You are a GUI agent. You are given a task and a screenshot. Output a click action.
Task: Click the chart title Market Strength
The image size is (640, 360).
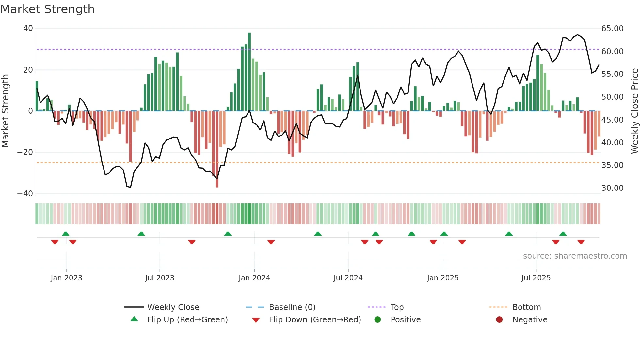click(x=47, y=9)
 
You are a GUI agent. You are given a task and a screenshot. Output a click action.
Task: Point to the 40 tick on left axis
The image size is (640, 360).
click(x=28, y=28)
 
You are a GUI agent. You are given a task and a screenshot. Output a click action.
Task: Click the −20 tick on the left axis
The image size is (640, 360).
click(x=25, y=152)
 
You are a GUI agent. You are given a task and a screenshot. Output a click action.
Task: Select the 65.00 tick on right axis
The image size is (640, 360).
click(x=612, y=29)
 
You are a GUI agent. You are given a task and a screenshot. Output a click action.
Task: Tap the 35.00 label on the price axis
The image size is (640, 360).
click(x=612, y=165)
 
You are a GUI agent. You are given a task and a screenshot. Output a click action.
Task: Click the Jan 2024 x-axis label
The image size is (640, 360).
click(x=254, y=278)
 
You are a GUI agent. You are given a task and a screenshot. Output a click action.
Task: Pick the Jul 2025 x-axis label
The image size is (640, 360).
click(x=536, y=278)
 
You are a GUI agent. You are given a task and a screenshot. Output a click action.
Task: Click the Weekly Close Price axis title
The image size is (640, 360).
click(x=634, y=111)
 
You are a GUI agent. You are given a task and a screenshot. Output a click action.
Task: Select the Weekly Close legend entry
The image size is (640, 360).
click(x=173, y=307)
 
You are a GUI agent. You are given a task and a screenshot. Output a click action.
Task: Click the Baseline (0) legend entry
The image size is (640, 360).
click(x=292, y=307)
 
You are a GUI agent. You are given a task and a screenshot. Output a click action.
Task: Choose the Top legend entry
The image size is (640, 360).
click(x=397, y=307)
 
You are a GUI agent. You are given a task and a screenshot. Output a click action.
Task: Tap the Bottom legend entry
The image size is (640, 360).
click(x=526, y=307)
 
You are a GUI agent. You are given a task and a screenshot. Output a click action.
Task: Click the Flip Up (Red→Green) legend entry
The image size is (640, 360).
click(x=187, y=320)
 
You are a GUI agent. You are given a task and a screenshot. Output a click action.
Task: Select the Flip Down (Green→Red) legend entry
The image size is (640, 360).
click(x=315, y=320)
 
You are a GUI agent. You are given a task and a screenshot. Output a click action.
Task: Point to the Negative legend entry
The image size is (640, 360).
click(x=529, y=320)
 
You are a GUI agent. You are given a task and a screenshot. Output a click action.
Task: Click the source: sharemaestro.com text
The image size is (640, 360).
click(x=575, y=256)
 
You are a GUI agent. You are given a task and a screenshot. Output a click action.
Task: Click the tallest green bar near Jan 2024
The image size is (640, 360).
click(x=249, y=72)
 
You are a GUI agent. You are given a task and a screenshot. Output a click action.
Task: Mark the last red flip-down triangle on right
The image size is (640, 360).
click(x=581, y=242)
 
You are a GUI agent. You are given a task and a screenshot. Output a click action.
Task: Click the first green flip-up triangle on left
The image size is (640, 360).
click(x=66, y=234)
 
